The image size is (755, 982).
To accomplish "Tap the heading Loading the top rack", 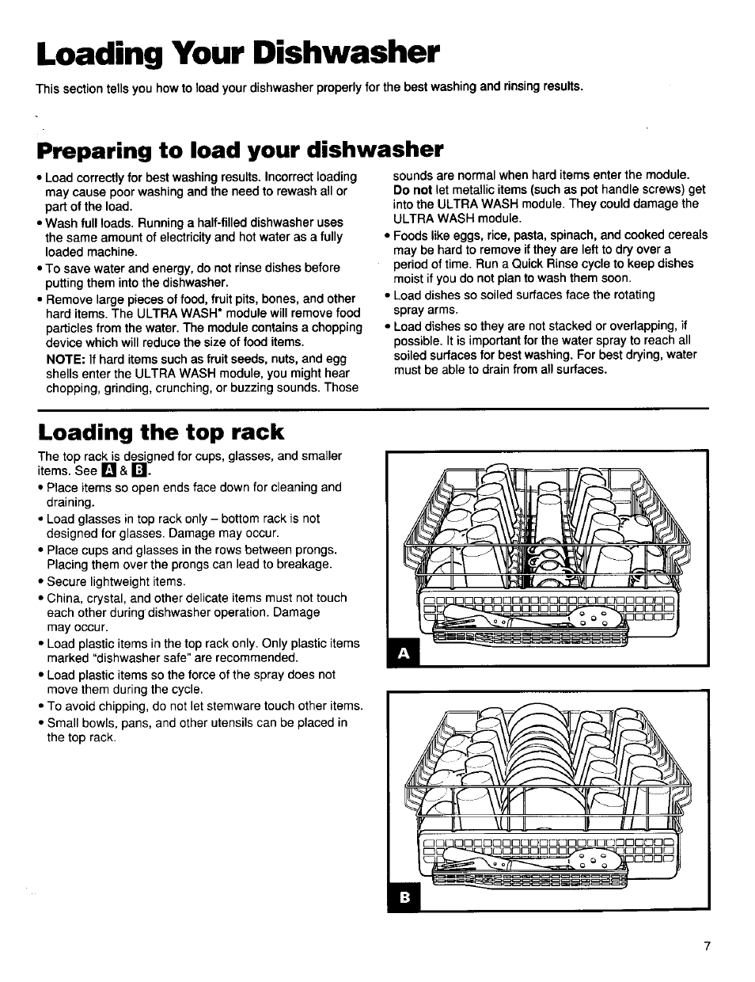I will tap(161, 432).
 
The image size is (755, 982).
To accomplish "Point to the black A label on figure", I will tap(404, 653).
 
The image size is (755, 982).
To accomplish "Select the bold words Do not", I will tap(412, 190).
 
